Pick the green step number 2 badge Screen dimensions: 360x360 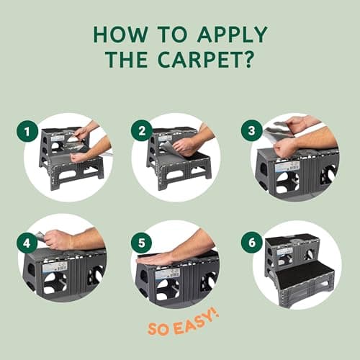point(140,131)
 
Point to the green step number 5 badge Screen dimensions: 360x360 point(140,242)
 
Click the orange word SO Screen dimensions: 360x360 point(159,328)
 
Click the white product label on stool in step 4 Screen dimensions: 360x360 point(55,266)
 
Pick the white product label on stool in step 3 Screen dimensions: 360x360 point(286,166)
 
